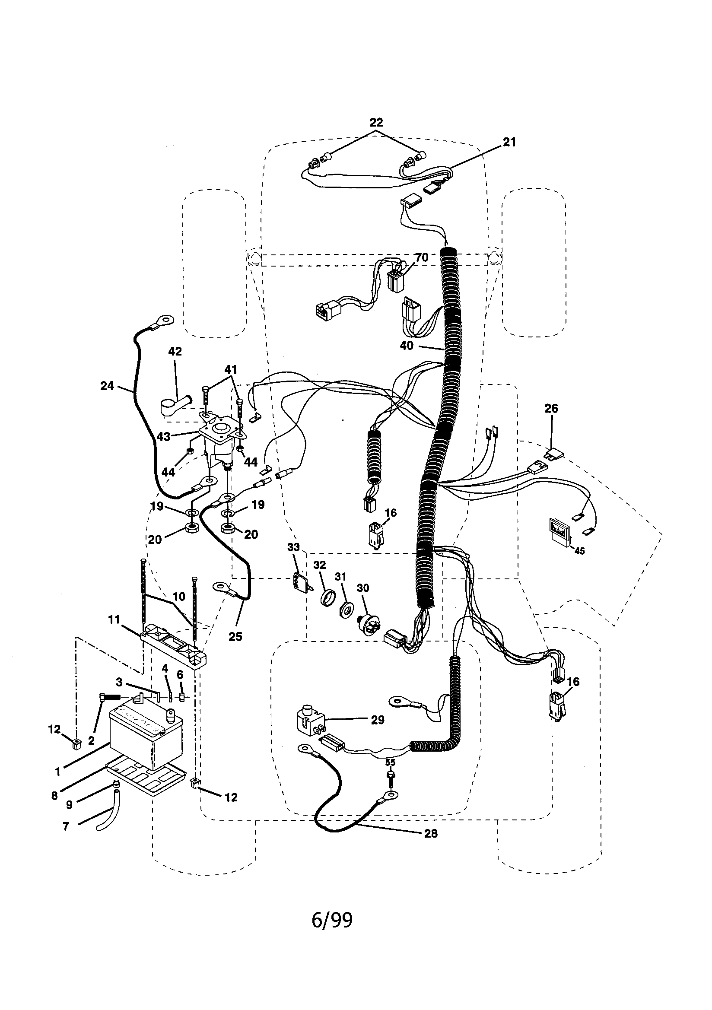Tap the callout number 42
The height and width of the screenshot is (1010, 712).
(175, 352)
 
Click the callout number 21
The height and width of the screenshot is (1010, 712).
(509, 142)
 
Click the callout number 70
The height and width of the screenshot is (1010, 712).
(422, 257)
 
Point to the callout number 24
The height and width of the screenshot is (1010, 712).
(107, 386)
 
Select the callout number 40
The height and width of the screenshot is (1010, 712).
(406, 346)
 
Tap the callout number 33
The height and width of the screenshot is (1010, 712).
(293, 547)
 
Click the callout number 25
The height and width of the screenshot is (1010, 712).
(235, 636)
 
